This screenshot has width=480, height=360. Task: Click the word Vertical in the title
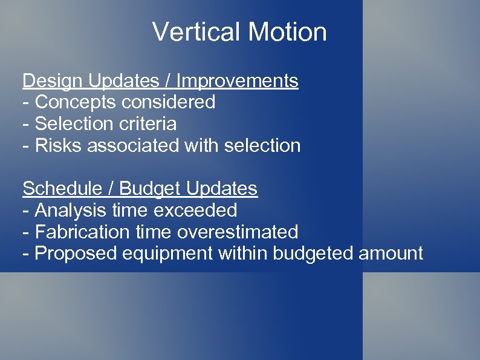point(192,32)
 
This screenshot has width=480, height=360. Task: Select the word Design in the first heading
point(53,80)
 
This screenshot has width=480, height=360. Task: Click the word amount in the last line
point(391,254)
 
